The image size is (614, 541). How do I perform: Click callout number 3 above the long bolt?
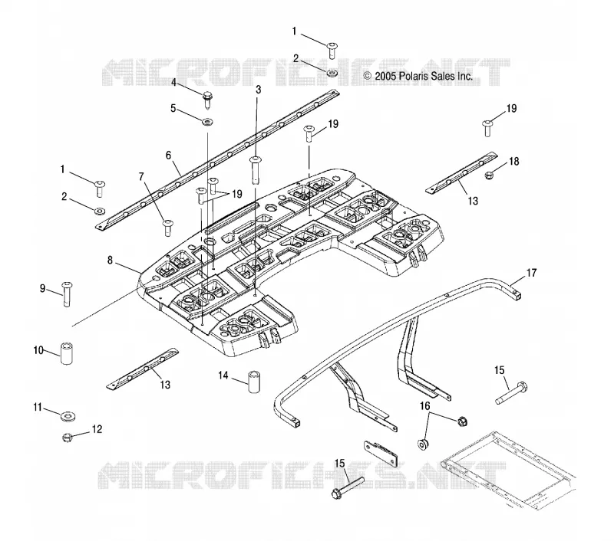point(259,90)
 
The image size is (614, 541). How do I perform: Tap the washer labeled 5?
point(206,123)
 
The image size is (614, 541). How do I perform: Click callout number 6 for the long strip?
point(168,156)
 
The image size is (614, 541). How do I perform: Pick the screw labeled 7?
point(167,228)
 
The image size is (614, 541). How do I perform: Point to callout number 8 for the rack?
point(110,260)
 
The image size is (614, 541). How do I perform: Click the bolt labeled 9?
point(67,294)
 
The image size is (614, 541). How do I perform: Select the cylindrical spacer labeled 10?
point(67,353)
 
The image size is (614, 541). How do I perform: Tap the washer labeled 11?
point(68,416)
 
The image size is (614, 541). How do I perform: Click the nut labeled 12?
point(67,437)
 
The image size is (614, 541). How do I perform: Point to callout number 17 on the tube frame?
point(531,273)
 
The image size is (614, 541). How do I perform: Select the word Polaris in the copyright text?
point(414,76)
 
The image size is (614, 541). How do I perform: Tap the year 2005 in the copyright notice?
point(386,76)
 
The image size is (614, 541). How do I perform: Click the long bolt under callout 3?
point(256,169)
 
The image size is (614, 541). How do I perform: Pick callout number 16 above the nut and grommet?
point(425,406)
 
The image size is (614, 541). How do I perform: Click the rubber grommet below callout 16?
point(424,444)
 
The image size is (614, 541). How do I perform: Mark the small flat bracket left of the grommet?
point(381,454)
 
